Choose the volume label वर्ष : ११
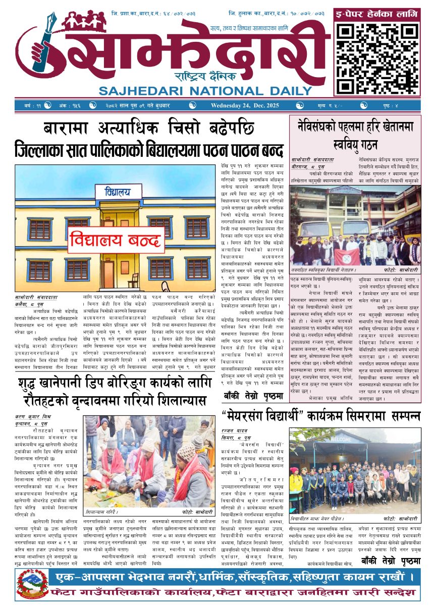click(x=31, y=105)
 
